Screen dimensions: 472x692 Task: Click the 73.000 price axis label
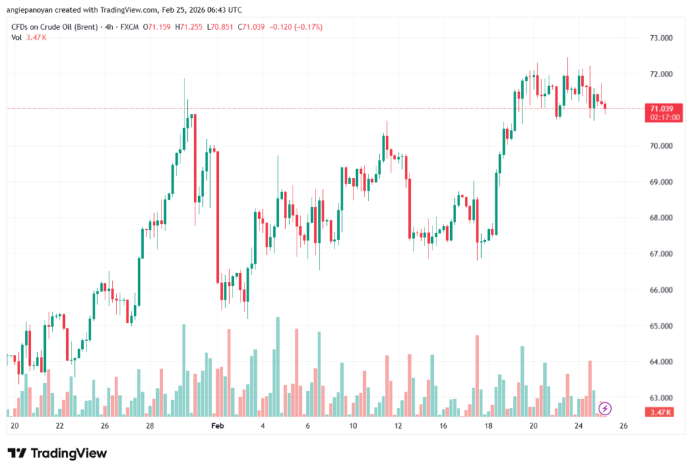point(660,38)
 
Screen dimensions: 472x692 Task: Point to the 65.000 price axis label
point(660,326)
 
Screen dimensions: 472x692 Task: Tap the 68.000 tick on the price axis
point(660,218)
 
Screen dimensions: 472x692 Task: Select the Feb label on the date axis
point(217,426)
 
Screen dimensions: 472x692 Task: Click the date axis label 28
point(149,426)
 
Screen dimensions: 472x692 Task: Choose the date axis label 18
point(489,426)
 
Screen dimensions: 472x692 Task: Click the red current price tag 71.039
point(660,108)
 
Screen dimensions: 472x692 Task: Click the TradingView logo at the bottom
point(57,453)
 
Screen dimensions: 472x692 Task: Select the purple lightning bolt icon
point(605,408)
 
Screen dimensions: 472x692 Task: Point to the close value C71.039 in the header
point(249,27)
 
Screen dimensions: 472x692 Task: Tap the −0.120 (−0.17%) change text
point(296,27)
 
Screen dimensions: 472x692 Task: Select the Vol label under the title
point(16,37)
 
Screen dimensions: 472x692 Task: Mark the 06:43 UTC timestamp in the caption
point(222,9)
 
